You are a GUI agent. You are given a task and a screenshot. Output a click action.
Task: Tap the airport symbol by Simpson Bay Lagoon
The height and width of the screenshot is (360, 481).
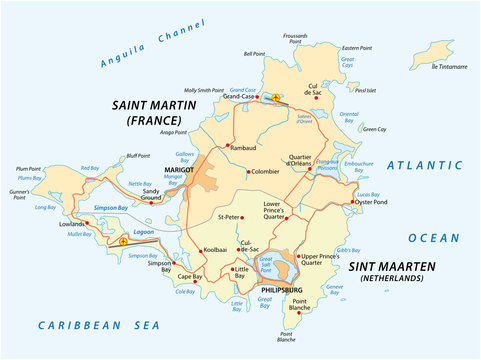(123, 241)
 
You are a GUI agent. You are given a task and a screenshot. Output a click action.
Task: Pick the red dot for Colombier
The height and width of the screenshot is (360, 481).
(248, 171)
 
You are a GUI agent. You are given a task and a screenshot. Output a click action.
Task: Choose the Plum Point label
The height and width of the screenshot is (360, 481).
(28, 169)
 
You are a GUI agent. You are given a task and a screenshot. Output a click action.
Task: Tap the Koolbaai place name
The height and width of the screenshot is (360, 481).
(215, 249)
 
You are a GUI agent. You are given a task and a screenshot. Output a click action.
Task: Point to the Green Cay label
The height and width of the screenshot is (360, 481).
(374, 128)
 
